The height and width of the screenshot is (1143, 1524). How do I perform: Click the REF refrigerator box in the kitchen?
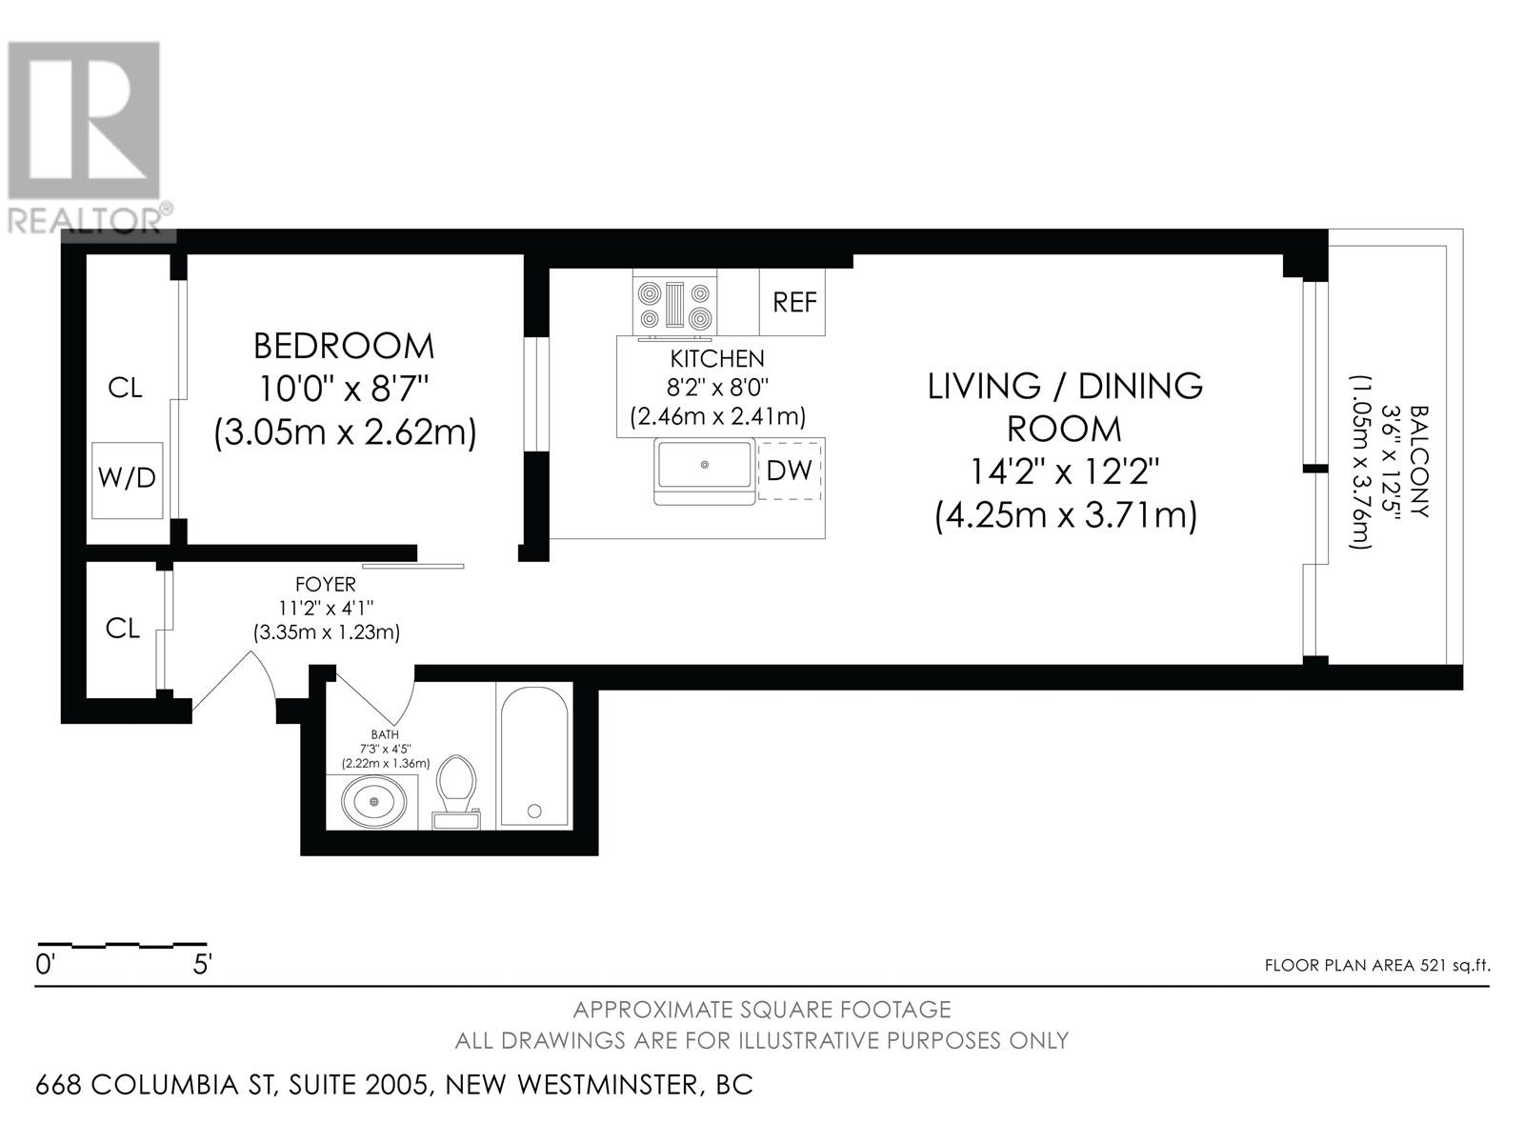click(x=792, y=302)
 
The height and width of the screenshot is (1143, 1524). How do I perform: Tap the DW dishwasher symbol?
click(x=790, y=471)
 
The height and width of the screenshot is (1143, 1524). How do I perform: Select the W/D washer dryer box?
click(x=128, y=480)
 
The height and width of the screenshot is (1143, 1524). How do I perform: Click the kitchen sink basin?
click(x=705, y=464)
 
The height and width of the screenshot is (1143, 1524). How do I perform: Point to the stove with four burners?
click(x=674, y=306)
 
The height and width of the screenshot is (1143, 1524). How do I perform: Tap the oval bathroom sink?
click(x=373, y=802)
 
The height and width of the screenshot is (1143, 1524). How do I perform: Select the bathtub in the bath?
click(x=534, y=756)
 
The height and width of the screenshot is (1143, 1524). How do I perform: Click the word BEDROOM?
click(x=344, y=347)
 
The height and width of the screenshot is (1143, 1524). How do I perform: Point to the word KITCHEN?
click(x=717, y=359)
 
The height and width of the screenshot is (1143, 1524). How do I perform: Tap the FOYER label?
click(x=326, y=584)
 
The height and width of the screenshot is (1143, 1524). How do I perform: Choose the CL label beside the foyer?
click(x=123, y=629)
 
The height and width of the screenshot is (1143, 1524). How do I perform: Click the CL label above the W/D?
click(x=126, y=388)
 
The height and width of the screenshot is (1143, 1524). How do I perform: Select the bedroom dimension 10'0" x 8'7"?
click(x=345, y=389)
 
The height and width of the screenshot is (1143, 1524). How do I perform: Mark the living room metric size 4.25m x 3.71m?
click(x=1066, y=516)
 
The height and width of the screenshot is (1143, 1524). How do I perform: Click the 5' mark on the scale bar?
click(x=202, y=964)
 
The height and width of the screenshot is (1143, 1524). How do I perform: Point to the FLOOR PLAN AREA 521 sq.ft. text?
click(x=1377, y=965)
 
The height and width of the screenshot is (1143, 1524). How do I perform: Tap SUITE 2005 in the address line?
click(x=362, y=1085)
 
